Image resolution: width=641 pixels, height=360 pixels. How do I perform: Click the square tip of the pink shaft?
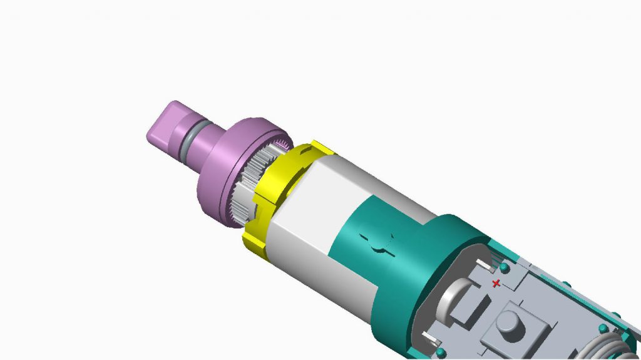[164, 125]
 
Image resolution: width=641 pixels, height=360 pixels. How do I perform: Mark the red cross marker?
[496, 284]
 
